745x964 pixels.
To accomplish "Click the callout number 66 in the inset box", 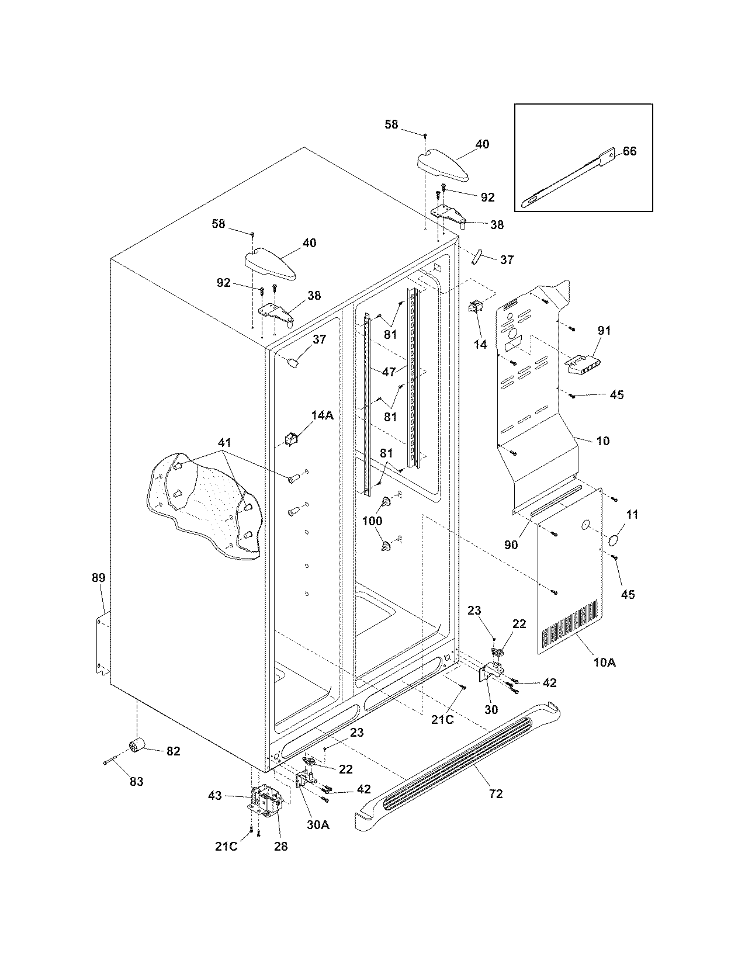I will tap(629, 151).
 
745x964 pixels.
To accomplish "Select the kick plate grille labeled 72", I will tap(462, 760).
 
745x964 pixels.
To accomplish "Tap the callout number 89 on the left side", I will tap(98, 578).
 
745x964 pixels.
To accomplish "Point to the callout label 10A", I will tap(604, 662).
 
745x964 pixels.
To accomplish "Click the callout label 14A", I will tap(322, 415).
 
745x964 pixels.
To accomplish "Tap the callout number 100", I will tap(373, 521).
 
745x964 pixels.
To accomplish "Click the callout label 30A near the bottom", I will tap(318, 824).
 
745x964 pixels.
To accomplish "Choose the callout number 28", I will tap(280, 846).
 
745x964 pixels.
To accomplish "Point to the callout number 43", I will tap(215, 795).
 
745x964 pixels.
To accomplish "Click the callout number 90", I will tap(511, 545).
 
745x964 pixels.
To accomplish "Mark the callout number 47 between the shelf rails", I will tap(389, 372).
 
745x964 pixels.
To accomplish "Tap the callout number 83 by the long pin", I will tap(136, 782).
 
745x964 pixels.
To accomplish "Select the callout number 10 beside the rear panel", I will tap(602, 441).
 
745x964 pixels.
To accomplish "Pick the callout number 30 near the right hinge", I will tap(491, 709).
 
